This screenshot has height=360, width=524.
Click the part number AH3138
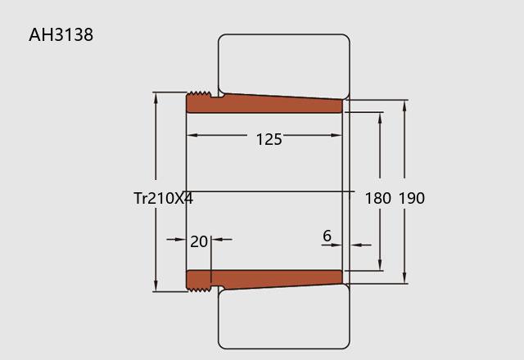pyautogui.click(x=61, y=34)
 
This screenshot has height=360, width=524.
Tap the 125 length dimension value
pyautogui.click(x=269, y=139)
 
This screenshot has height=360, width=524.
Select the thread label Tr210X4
pyautogui.click(x=163, y=198)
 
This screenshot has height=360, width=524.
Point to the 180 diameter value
pyautogui.click(x=377, y=198)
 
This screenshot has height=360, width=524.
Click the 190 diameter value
pyautogui.click(x=412, y=198)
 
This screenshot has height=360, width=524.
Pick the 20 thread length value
pyautogui.click(x=199, y=241)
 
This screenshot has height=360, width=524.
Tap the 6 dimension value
pyautogui.click(x=327, y=236)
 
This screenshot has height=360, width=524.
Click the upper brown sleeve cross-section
pyautogui.click(x=264, y=103)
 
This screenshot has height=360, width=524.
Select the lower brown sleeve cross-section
pyautogui.click(x=264, y=280)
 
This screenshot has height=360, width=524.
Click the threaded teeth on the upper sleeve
pyautogui.click(x=200, y=94)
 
